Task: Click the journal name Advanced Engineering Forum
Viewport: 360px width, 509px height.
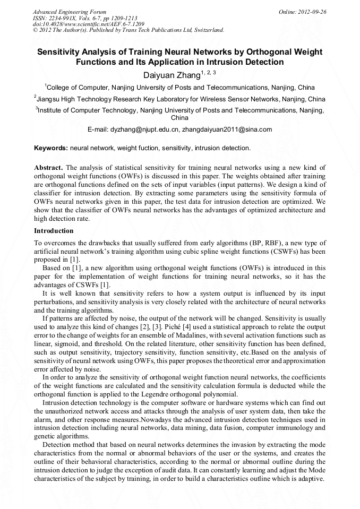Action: pyautogui.click(x=70, y=12)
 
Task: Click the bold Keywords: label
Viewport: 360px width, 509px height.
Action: pyautogui.click(x=51, y=148)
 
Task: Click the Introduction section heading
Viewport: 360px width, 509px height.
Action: pyautogui.click(x=54, y=231)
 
